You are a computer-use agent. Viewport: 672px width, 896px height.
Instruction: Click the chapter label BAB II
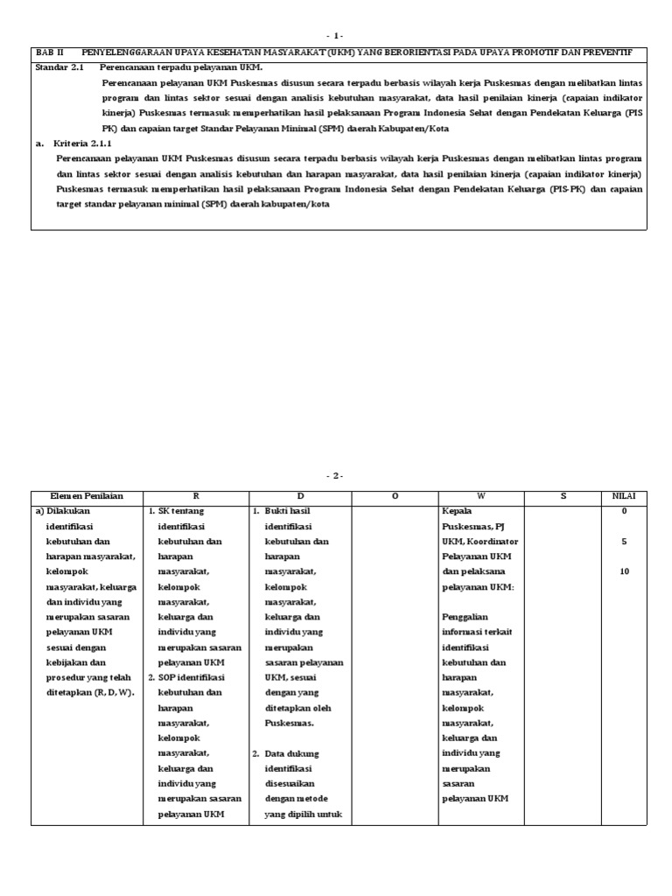point(50,52)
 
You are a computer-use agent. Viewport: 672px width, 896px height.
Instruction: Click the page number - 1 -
point(336,36)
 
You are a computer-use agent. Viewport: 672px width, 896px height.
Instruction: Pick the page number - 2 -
point(336,476)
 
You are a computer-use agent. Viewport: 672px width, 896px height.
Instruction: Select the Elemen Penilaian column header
point(87,496)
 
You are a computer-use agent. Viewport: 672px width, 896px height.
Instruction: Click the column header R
point(196,496)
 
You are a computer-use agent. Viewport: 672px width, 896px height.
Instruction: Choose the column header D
point(300,496)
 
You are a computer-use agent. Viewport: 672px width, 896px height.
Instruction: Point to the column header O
point(395,496)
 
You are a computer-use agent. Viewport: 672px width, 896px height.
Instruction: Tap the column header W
point(482,496)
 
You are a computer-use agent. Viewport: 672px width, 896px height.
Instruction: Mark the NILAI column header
point(624,496)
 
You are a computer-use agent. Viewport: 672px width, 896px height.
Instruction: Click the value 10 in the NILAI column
point(624,571)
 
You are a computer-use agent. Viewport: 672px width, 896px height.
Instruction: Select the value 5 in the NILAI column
point(624,542)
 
